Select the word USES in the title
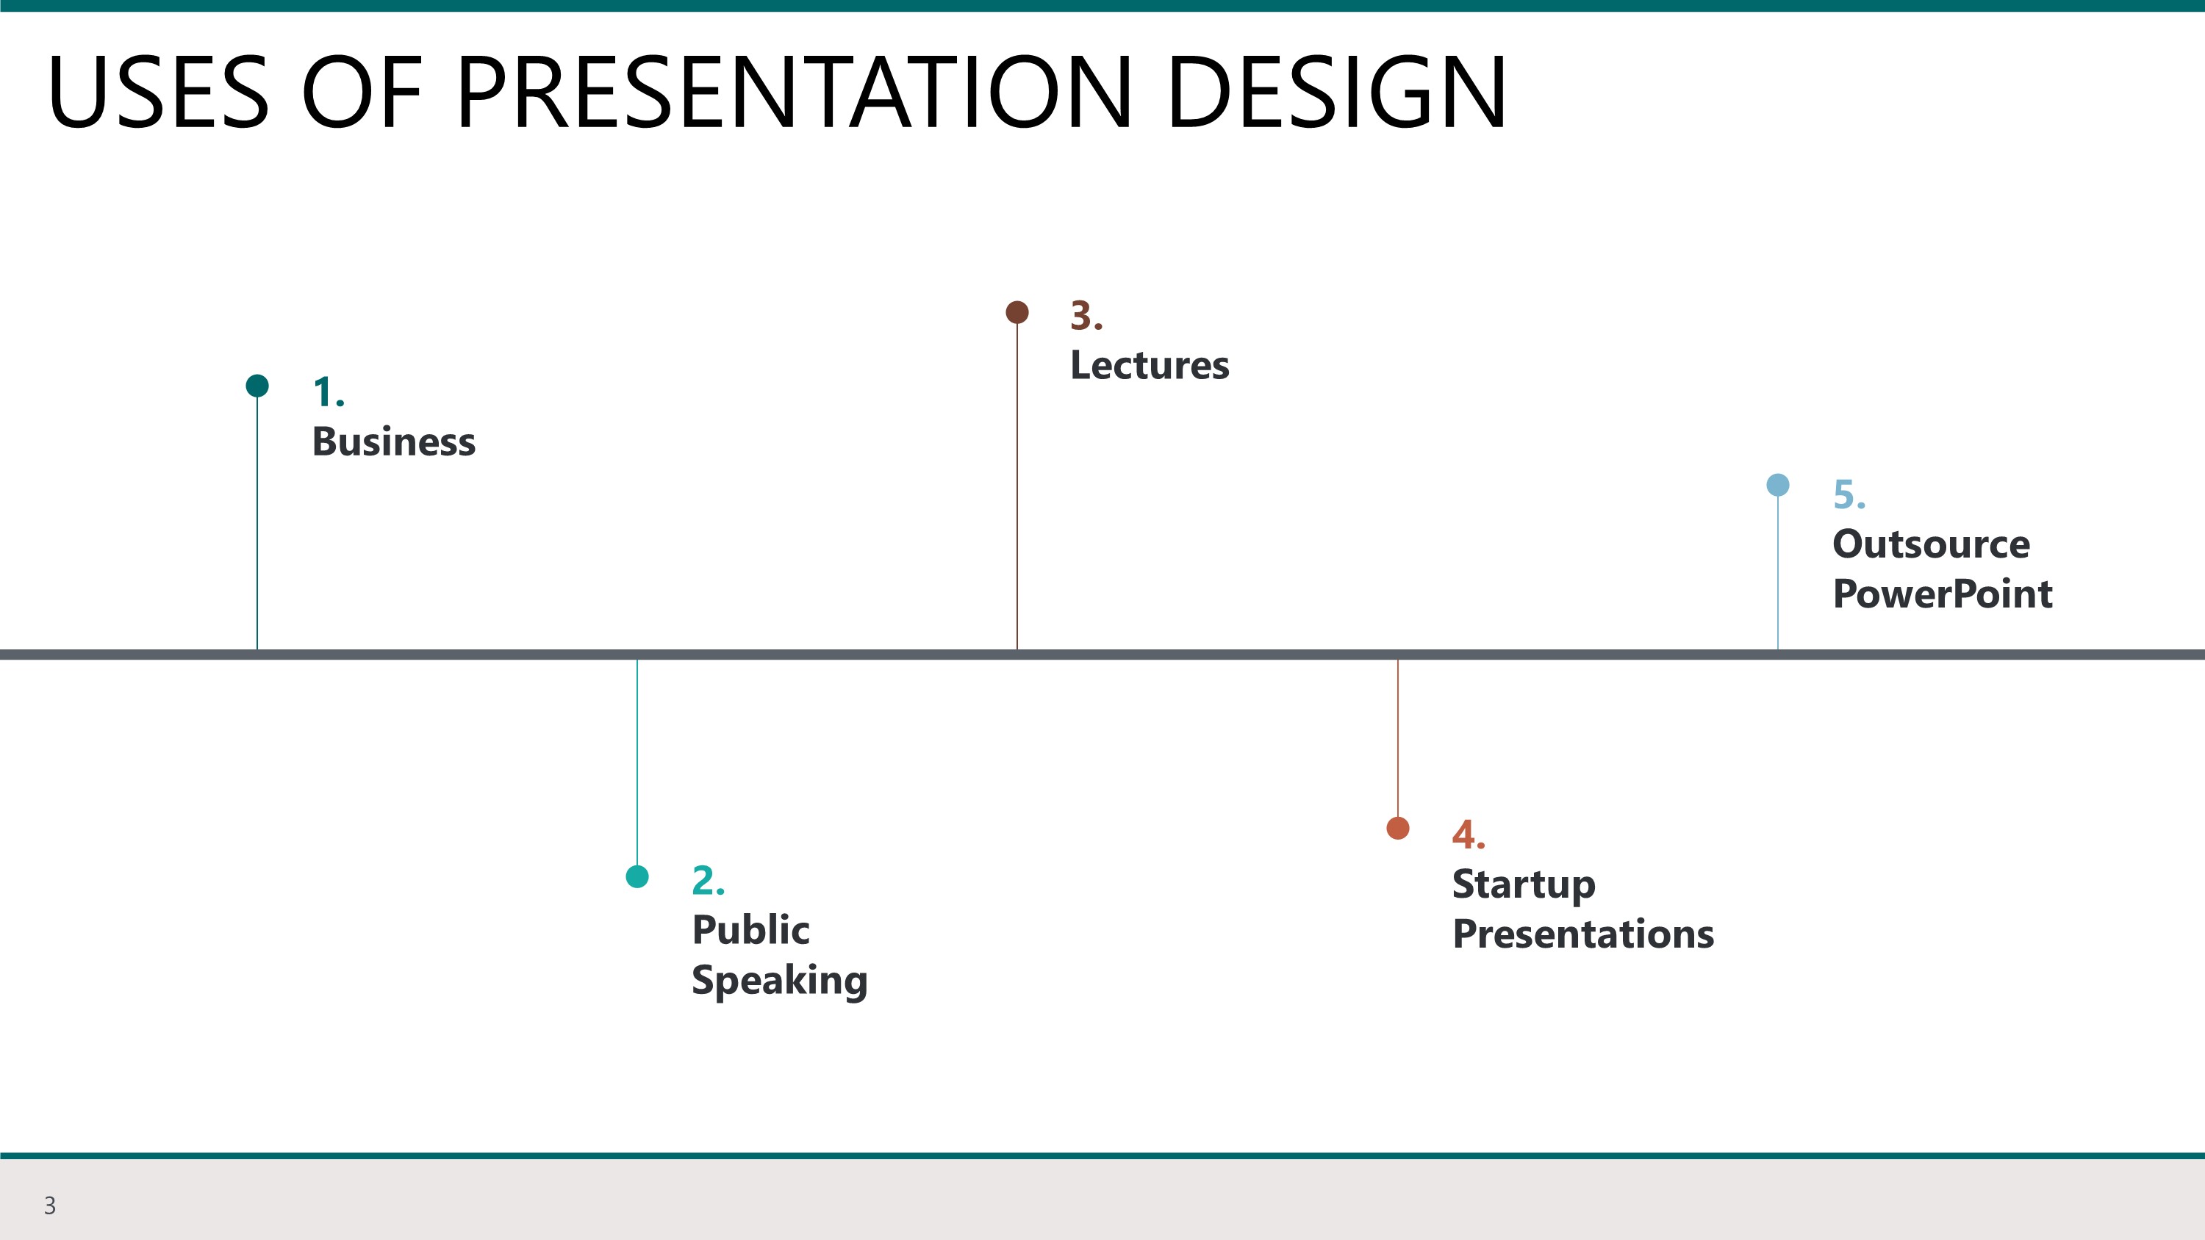(x=158, y=93)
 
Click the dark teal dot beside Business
(x=257, y=386)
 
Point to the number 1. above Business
(x=328, y=393)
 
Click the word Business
(x=394, y=442)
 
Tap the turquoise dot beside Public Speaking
(x=637, y=876)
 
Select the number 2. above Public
(x=708, y=881)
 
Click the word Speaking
(x=779, y=981)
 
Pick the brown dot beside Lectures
(x=1017, y=312)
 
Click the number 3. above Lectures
(x=1086, y=316)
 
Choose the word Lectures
(x=1150, y=365)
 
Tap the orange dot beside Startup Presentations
(x=1398, y=829)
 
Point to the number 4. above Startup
(x=1468, y=835)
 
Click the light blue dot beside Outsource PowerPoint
(x=1778, y=486)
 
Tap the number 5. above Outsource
(x=1849, y=494)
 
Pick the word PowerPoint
(x=1942, y=594)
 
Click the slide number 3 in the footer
(x=50, y=1205)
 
